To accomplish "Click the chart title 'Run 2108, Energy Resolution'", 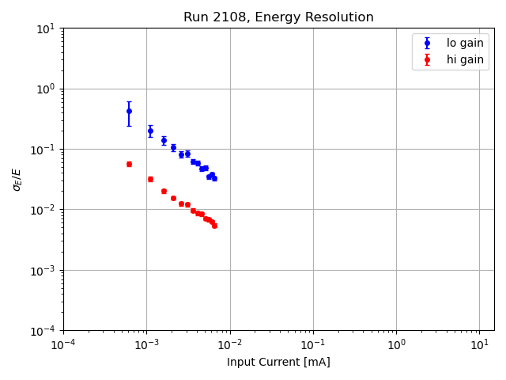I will coord(278,17).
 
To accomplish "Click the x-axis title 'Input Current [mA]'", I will coord(278,363).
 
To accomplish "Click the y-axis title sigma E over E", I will coord(17,179).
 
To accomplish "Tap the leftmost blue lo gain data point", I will coord(129,111).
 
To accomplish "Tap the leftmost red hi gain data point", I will coord(129,164).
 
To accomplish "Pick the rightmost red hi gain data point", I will coord(214,226).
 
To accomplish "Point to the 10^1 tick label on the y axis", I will coord(46,28).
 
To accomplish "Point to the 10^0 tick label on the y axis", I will coord(46,89).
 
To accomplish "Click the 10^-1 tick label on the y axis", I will coord(44,150).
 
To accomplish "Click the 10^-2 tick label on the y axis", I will coord(44,210).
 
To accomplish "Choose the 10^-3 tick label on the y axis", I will coord(44,270).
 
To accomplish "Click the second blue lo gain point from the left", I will coord(150,131).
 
